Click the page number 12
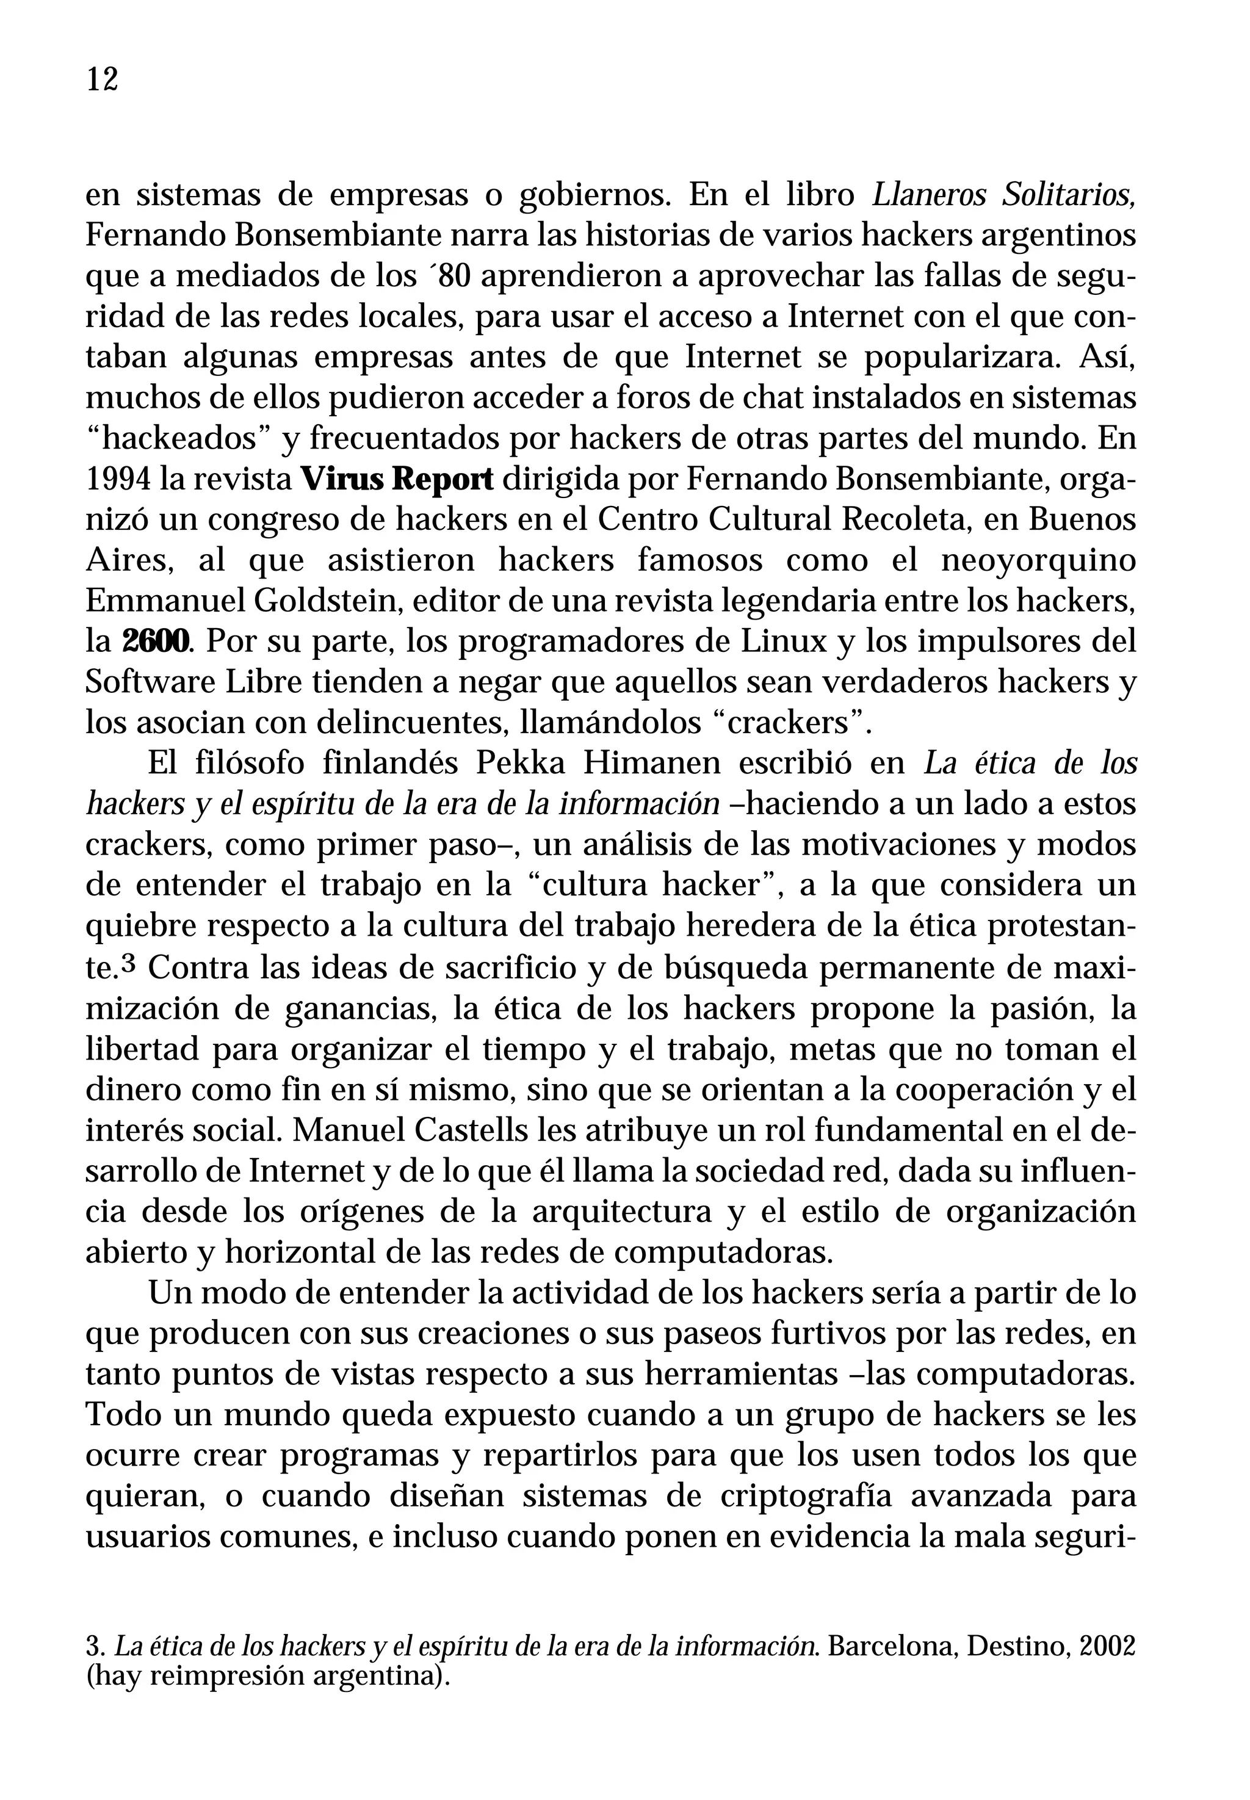tap(102, 80)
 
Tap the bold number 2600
tap(157, 642)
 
